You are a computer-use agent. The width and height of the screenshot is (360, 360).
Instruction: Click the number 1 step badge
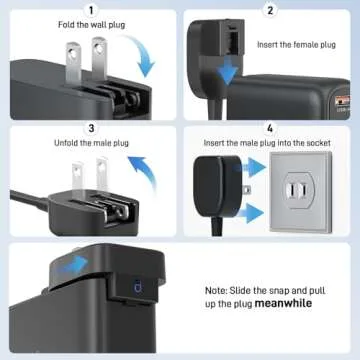pyautogui.click(x=90, y=10)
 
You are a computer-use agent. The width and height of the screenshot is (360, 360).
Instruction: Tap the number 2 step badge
pyautogui.click(x=270, y=10)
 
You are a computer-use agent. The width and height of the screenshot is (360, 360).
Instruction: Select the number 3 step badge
pyautogui.click(x=90, y=128)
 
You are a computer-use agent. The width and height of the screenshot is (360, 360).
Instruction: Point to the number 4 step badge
pyautogui.click(x=270, y=128)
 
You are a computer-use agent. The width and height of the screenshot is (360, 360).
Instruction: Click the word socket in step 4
pyautogui.click(x=316, y=144)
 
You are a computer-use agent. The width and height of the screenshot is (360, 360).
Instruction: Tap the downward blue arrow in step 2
pyautogui.click(x=231, y=72)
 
